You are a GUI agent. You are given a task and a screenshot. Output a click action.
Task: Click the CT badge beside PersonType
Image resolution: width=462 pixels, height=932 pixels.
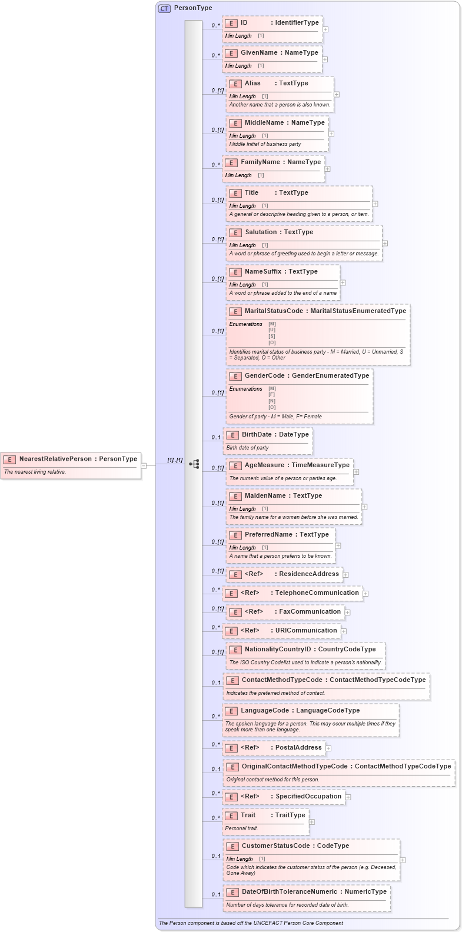164,8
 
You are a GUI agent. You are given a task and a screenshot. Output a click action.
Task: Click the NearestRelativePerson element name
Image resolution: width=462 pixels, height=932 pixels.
55,459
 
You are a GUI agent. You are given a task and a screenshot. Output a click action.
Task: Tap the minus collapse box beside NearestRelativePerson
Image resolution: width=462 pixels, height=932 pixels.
144,465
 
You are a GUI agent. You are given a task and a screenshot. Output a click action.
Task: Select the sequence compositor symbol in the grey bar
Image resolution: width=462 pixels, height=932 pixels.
194,464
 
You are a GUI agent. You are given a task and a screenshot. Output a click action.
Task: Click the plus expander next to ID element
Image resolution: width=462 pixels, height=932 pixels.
325,29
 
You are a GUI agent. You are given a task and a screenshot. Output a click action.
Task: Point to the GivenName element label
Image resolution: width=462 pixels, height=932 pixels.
259,53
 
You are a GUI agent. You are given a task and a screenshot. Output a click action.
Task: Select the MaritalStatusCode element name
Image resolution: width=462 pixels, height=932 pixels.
274,311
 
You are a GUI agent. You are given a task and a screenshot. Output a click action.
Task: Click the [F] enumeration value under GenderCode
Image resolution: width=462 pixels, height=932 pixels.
272,395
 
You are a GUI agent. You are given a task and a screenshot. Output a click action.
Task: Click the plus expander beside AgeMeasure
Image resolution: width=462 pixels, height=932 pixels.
356,471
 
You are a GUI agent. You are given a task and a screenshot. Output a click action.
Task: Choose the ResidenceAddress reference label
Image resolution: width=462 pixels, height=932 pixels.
309,574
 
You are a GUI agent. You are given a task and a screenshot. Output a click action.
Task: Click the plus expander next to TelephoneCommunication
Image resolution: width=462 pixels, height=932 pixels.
365,594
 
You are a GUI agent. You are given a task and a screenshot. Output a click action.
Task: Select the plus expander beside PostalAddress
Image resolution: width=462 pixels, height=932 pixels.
329,748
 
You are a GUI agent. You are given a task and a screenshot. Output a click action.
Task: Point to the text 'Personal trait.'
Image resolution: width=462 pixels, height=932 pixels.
241,828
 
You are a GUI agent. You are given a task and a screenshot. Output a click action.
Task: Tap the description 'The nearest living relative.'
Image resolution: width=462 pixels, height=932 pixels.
35,472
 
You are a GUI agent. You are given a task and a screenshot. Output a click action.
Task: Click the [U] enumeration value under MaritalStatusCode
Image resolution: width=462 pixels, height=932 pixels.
272,330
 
